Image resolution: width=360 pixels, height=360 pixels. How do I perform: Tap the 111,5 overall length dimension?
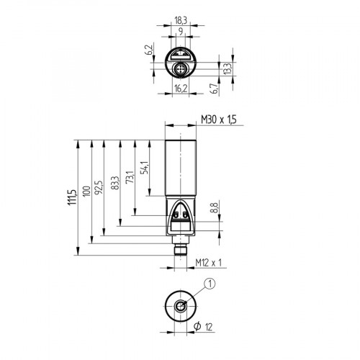pos(71,197)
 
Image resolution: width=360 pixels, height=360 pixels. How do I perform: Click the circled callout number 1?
pos(210,283)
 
